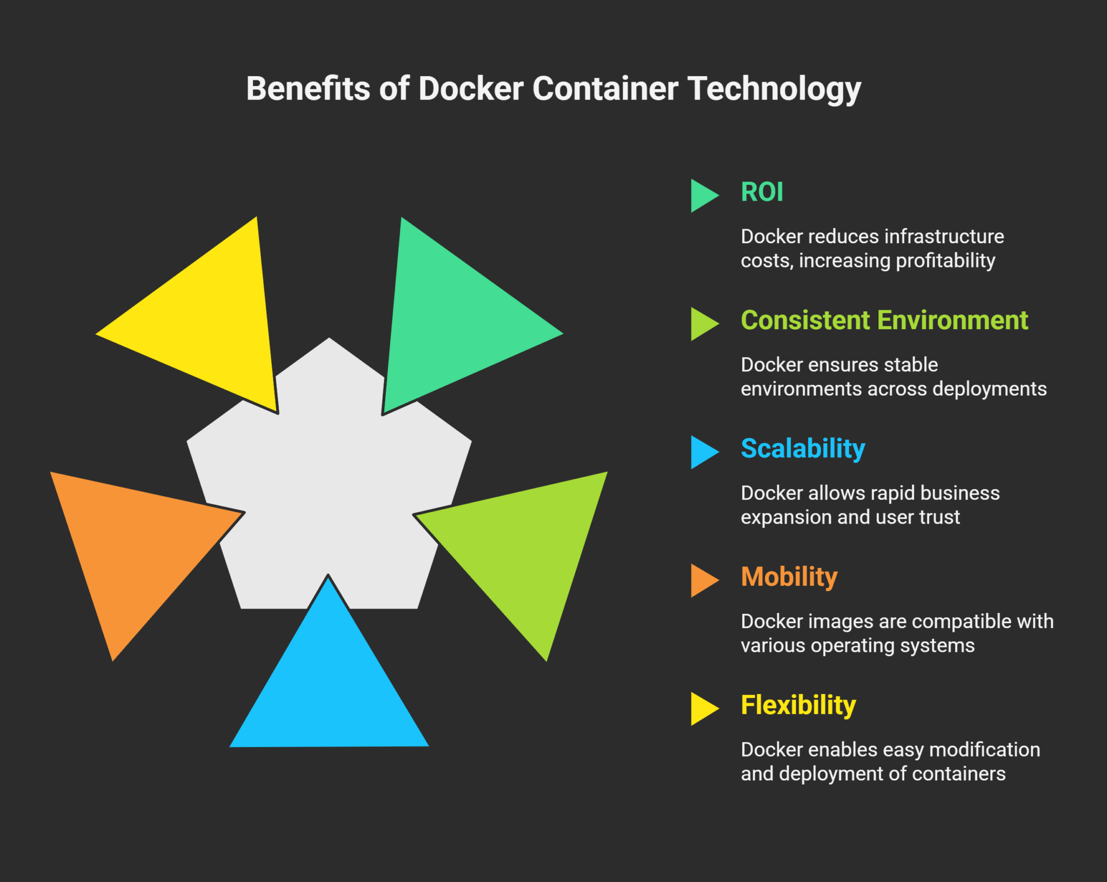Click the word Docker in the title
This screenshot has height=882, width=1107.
pos(471,89)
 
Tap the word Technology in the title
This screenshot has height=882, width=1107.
pos(774,90)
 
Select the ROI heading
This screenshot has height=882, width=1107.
pos(762,192)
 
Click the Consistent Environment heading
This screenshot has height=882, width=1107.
pos(884,320)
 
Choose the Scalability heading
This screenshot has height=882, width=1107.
pos(803,449)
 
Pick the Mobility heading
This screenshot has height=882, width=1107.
pos(789,577)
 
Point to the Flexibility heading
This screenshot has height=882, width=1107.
pos(798,706)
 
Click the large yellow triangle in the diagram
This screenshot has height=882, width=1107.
pos(211,319)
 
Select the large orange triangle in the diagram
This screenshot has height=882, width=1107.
pos(135,546)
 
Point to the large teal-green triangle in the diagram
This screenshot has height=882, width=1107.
pos(449,319)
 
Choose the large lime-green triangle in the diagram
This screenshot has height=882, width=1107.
pos(524,546)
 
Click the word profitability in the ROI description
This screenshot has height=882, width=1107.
pos(945,261)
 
